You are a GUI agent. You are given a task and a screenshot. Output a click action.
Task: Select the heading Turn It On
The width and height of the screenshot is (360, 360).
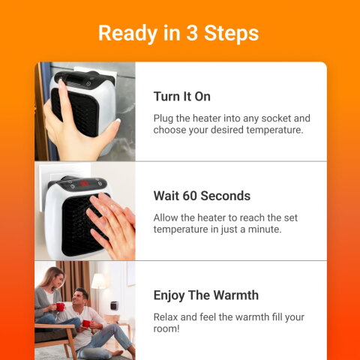tap(181, 97)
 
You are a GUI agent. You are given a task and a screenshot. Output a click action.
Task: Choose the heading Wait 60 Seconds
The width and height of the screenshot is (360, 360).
tap(202, 196)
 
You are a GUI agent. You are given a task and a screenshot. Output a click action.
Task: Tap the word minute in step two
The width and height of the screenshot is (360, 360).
tap(263, 229)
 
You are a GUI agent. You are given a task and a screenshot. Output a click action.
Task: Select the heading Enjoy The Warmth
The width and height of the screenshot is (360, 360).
tap(205, 295)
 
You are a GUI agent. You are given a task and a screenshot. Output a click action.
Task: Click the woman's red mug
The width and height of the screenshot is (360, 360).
tap(59, 306)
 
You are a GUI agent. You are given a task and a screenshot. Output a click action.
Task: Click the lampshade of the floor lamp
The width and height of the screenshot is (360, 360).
tap(98, 281)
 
